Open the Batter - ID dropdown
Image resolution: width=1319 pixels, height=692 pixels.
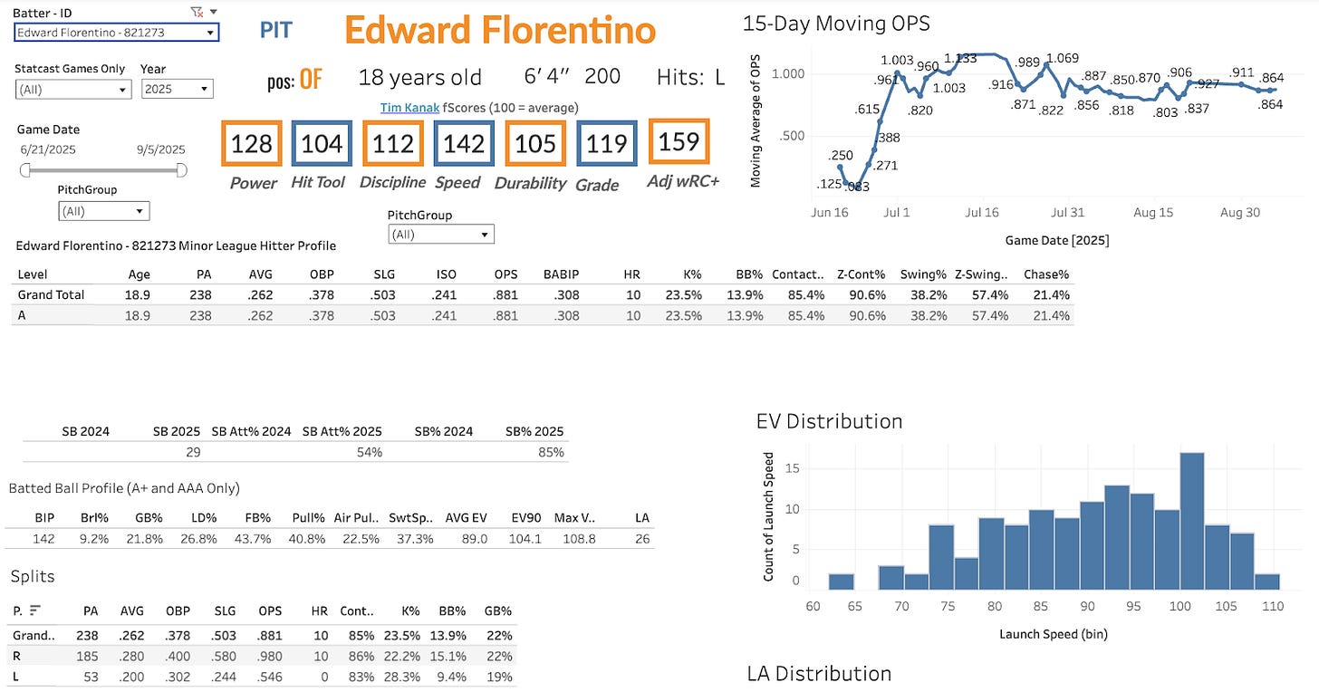[117, 33]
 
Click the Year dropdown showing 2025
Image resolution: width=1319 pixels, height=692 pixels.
[177, 89]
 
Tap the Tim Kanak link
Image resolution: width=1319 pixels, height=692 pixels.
[409, 108]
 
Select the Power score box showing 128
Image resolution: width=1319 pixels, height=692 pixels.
[252, 143]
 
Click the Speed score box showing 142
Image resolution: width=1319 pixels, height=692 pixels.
[464, 143]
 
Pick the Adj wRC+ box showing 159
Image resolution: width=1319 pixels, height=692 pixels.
[679, 141]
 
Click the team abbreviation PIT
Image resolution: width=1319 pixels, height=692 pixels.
[275, 30]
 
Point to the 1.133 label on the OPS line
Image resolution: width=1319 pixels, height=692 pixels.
[960, 58]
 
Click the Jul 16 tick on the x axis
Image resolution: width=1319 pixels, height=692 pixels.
[982, 213]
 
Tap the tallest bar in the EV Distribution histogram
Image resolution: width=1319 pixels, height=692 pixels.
[1192, 521]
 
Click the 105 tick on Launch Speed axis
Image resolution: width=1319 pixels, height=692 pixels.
[1226, 606]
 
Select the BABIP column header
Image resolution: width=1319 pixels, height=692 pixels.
[561, 274]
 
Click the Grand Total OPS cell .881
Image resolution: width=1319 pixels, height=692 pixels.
[505, 295]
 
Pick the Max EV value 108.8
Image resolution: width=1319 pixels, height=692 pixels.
[579, 539]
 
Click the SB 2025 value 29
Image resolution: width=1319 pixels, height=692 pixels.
[193, 452]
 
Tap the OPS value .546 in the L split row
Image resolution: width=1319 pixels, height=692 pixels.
[270, 678]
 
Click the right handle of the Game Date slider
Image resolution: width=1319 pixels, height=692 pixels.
[181, 170]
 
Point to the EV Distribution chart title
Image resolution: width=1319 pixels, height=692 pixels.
[829, 422]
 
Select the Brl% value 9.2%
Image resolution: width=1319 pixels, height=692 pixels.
[94, 539]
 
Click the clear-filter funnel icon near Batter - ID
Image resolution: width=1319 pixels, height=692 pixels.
[197, 12]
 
